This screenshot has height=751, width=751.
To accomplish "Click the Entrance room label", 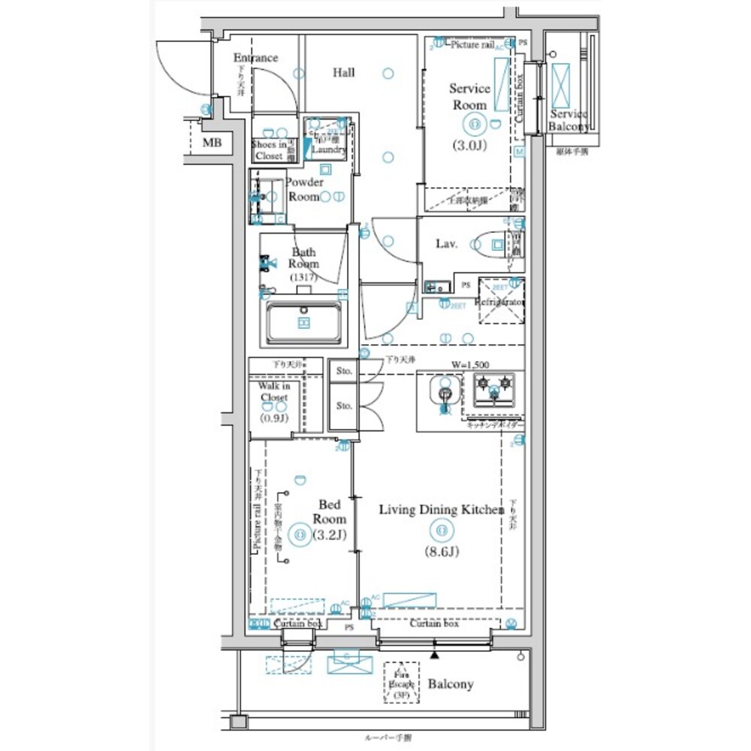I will point(255,58).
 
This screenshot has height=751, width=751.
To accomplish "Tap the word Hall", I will point(344,73).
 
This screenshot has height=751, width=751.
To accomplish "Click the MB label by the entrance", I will point(212,142).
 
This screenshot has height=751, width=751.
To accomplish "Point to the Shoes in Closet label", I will point(269,150).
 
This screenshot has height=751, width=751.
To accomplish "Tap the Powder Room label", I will point(305,189).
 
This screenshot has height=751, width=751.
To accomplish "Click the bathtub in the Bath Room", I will point(304,322).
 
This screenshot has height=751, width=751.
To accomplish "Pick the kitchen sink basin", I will point(443,391).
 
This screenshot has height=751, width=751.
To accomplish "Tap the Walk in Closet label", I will point(274,391).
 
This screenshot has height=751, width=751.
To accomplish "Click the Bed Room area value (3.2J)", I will point(330,535).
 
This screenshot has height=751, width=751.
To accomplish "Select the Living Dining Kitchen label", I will point(441,510).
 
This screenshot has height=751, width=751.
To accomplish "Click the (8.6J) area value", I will point(441,552).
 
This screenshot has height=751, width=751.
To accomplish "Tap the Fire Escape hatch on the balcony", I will point(400,683).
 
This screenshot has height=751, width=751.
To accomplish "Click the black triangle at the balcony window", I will point(434,654).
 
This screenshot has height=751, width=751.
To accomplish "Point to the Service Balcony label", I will point(569,120).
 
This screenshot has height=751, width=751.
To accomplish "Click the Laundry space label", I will point(328,149).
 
